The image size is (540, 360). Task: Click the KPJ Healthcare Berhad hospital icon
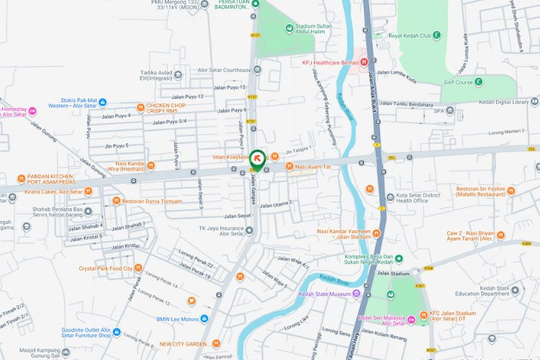(364, 62)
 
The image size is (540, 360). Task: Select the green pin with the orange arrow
(256, 158)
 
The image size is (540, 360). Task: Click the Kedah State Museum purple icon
(356, 294)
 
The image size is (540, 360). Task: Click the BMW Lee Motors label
(177, 318)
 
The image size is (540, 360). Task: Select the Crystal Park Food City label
(106, 268)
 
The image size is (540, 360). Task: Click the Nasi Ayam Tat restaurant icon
(289, 167)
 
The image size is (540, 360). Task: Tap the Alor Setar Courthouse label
(225, 70)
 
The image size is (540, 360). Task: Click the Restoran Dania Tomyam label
(152, 201)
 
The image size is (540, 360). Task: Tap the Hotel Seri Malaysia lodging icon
(362, 318)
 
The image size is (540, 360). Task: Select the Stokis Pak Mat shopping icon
(102, 102)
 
